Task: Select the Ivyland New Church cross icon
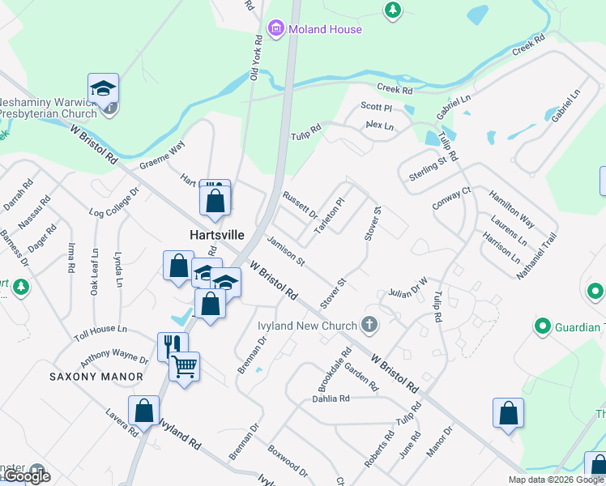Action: [369, 326]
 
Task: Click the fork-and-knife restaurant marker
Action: [173, 347]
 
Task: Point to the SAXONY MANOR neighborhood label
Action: [96, 377]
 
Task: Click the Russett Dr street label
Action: [300, 206]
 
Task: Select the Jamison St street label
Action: [286, 253]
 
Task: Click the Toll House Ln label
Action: [100, 330]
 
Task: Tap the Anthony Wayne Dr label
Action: [113, 357]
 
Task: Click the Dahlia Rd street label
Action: [331, 399]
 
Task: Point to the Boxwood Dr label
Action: [288, 458]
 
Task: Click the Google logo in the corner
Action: [26, 477]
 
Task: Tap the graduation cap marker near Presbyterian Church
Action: [104, 88]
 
